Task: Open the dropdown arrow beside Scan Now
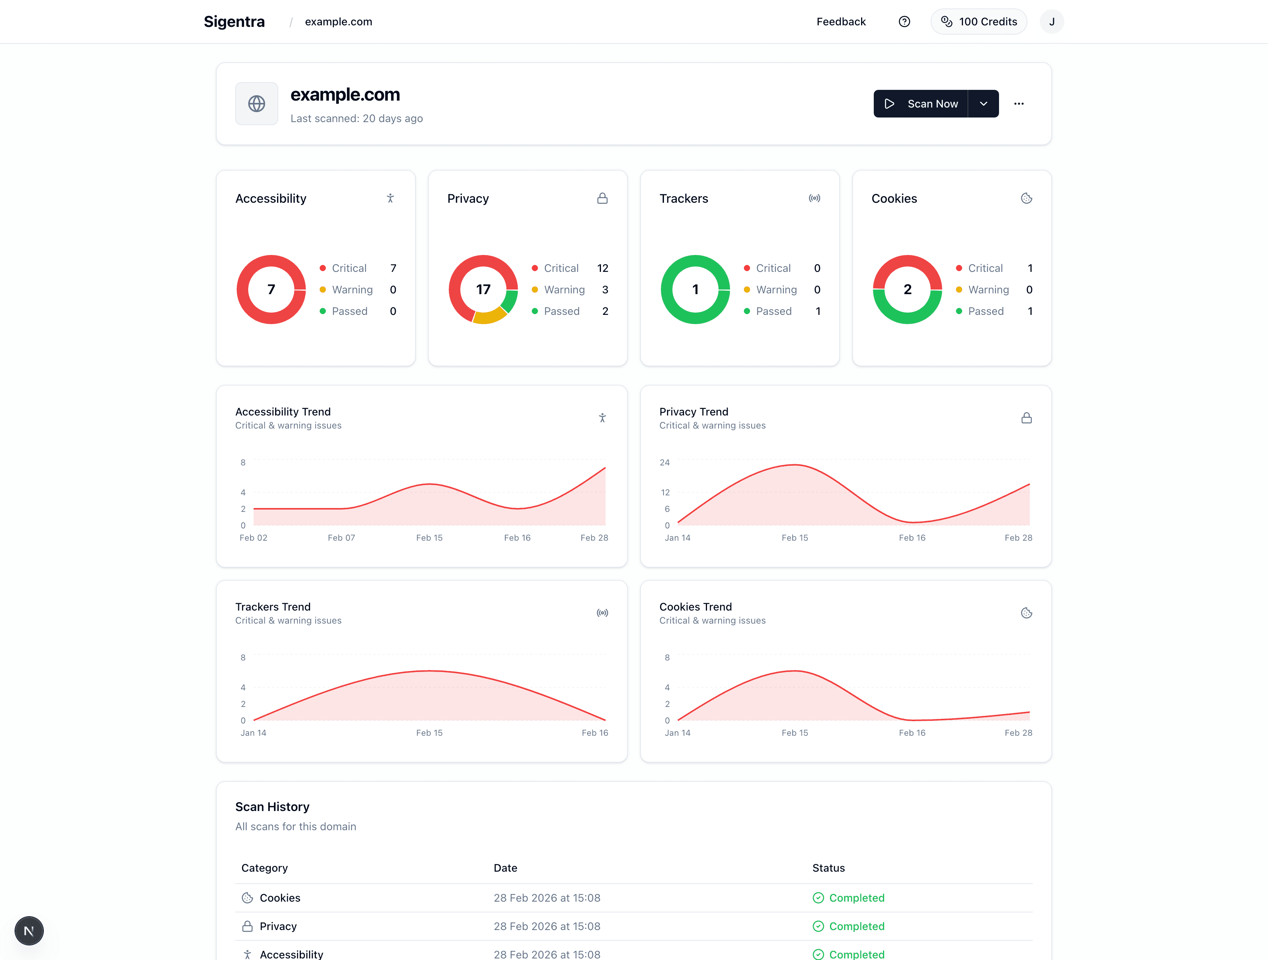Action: pos(984,104)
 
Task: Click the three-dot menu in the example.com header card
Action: pos(1019,104)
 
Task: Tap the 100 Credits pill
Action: pos(979,22)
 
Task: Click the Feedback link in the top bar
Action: pos(841,22)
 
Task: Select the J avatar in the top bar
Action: pos(1051,22)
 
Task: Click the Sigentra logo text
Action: pos(234,22)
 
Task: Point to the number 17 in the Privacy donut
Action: pos(483,289)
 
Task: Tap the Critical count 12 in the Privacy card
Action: pos(602,268)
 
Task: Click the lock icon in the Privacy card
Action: pos(602,198)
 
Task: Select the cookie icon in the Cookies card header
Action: pos(1026,198)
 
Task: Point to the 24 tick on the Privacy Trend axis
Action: pos(664,462)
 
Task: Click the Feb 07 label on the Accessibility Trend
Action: pos(341,537)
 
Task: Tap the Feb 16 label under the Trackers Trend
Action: pos(594,733)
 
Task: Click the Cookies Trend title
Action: pos(695,607)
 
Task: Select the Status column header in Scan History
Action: pos(828,868)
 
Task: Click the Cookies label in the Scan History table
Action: pos(280,897)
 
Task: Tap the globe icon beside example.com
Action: pos(256,104)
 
